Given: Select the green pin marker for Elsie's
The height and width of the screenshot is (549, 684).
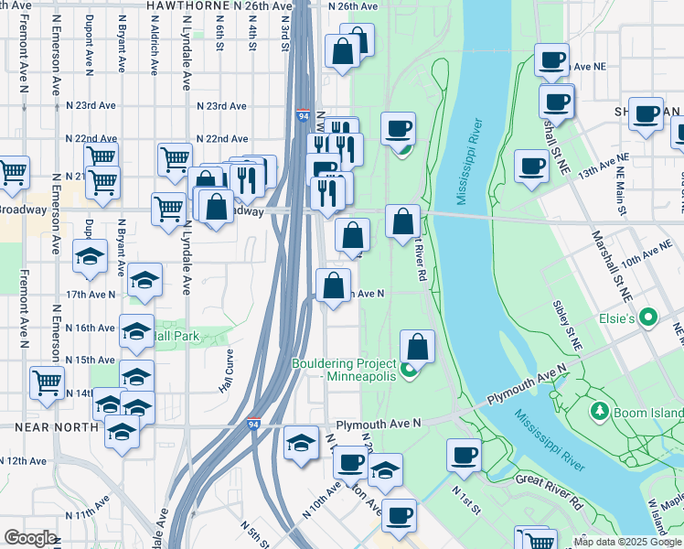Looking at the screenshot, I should tap(649, 318).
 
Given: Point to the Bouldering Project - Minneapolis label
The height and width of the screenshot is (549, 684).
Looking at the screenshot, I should tap(343, 370).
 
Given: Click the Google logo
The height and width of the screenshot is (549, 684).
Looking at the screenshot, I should tap(30, 538).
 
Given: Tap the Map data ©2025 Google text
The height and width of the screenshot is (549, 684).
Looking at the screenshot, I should tap(626, 541).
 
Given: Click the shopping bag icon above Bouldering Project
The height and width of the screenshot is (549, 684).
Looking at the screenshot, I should tap(417, 347).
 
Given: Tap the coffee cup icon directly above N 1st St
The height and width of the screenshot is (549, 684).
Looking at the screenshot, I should tap(464, 455).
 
